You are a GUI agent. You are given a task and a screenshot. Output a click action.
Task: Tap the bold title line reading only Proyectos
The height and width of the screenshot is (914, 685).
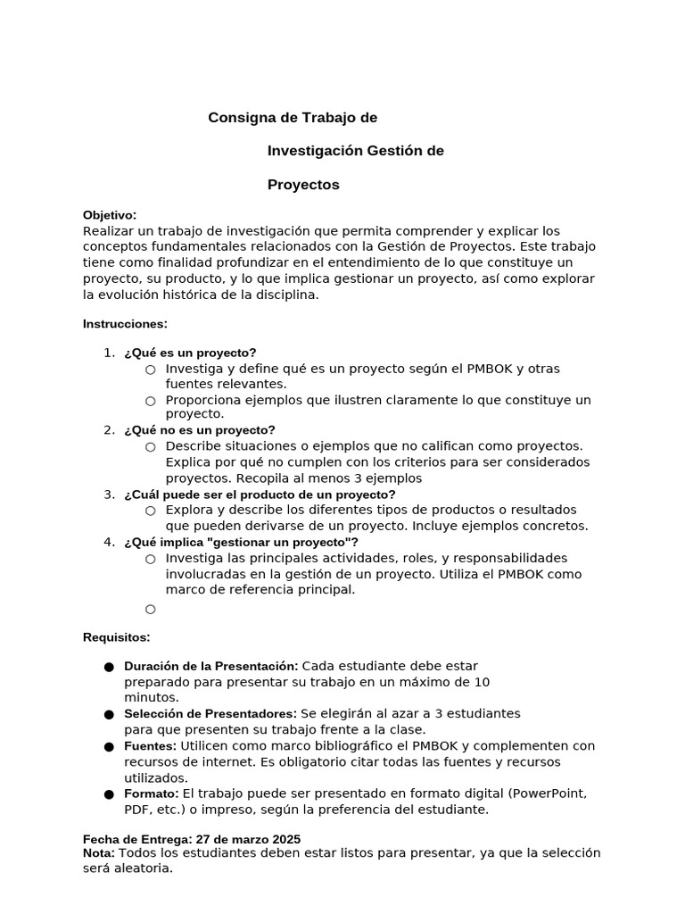[x=303, y=185]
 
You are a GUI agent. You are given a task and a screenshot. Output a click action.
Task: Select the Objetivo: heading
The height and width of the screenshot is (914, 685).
[x=110, y=215]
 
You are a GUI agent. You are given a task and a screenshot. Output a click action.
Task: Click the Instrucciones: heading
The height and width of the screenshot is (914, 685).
[x=125, y=323]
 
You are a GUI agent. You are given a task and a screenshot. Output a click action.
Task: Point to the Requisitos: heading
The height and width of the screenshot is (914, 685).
[x=117, y=636]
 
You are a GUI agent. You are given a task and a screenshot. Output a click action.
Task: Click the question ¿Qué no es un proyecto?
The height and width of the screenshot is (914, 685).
[x=200, y=429]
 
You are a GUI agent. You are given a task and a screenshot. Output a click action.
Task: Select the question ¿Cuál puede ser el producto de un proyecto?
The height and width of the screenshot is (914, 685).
[x=260, y=494]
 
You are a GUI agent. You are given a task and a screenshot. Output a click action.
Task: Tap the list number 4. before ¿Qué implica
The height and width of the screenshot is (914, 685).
[x=109, y=542]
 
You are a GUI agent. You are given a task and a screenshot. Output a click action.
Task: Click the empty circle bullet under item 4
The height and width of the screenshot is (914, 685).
[x=150, y=610]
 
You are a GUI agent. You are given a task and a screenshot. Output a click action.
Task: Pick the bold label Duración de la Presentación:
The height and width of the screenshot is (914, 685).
[x=210, y=666]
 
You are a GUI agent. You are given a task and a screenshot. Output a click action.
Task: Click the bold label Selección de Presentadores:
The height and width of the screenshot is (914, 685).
[x=210, y=714]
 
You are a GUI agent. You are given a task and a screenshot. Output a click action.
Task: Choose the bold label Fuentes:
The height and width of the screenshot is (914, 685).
[x=152, y=745]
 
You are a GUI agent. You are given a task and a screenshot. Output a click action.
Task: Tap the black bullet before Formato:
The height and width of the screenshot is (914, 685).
[x=109, y=794]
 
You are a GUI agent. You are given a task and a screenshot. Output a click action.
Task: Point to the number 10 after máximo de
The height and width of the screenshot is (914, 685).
[x=481, y=682]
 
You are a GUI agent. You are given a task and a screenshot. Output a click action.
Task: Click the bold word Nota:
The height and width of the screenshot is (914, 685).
[x=98, y=852]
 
